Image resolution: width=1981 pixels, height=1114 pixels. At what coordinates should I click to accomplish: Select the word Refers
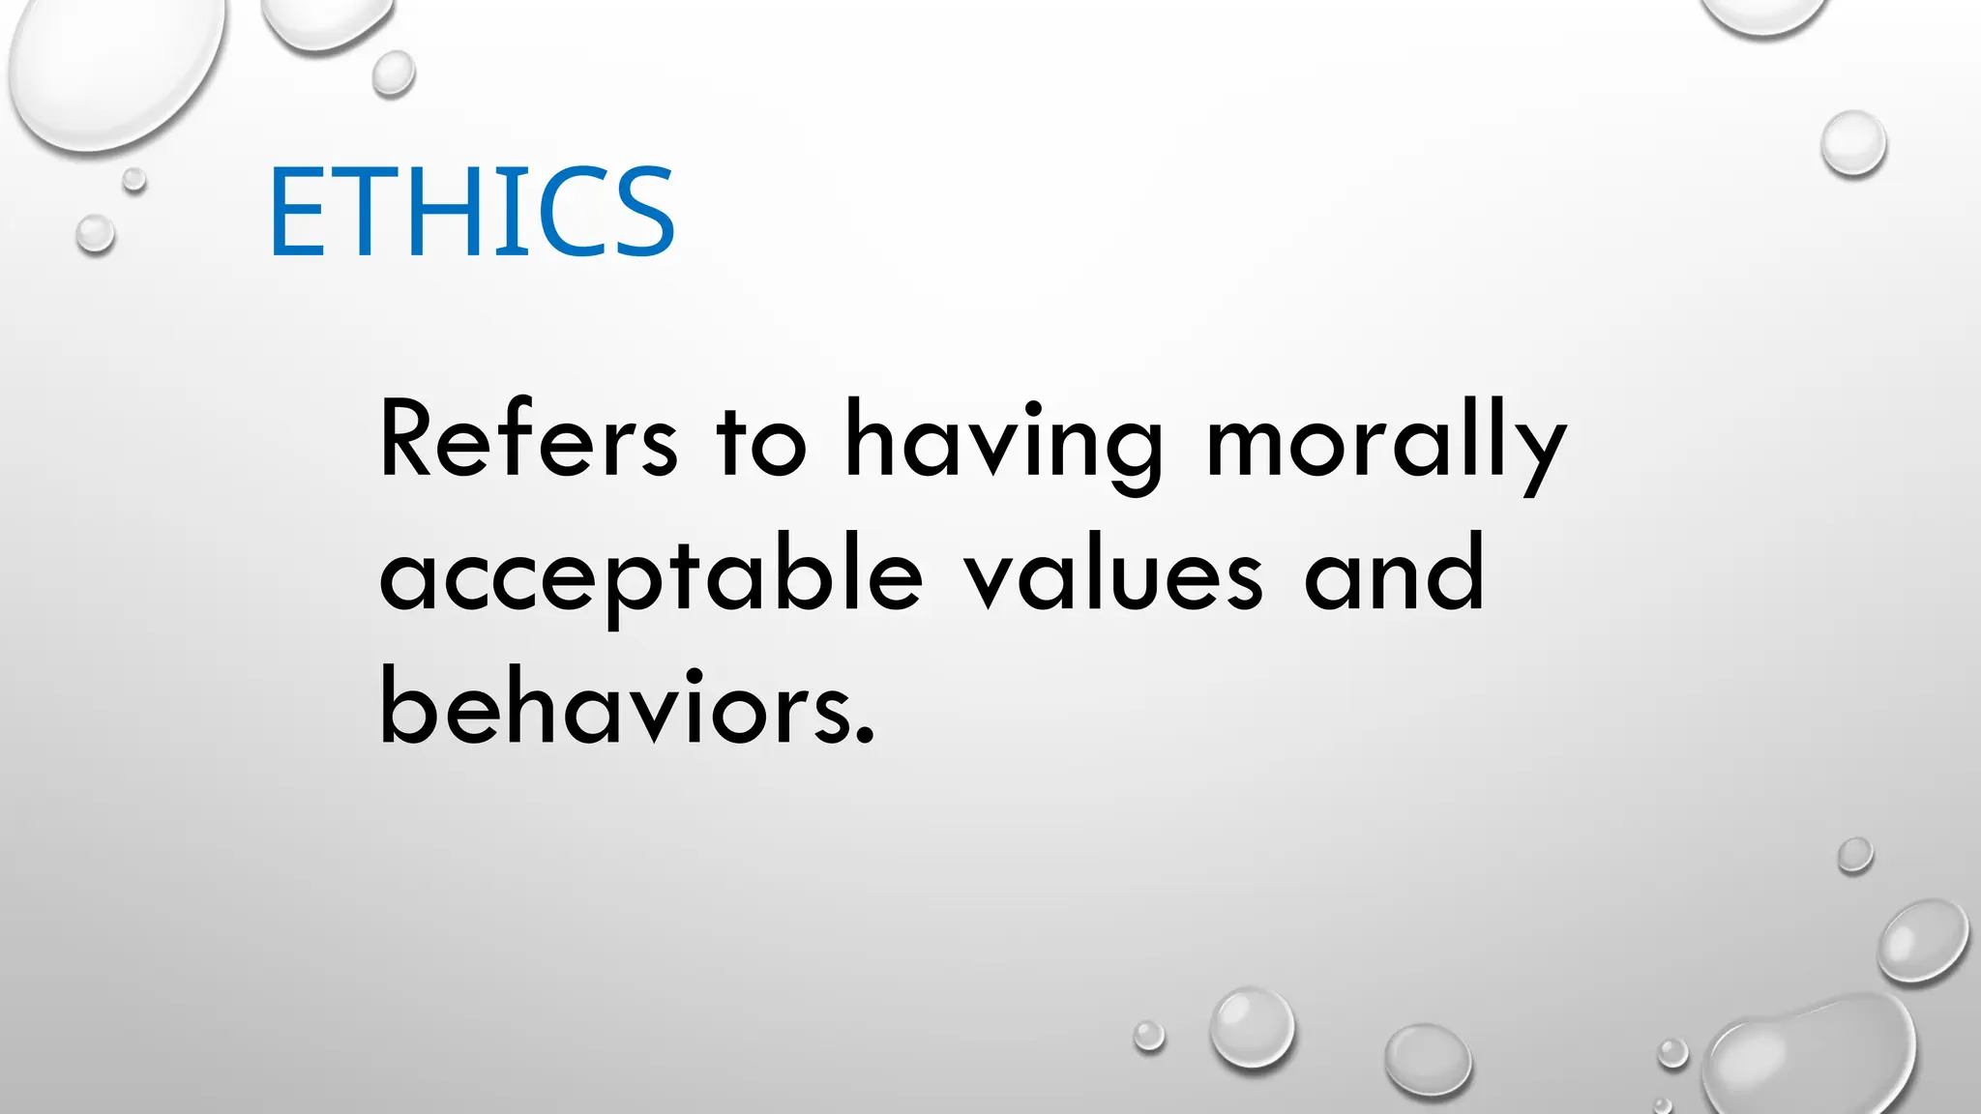[528, 441]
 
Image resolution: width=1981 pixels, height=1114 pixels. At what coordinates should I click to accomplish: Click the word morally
[1385, 445]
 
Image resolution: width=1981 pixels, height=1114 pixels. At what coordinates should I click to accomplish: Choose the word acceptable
[650, 576]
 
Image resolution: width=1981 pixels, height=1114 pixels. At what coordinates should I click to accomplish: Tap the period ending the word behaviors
[865, 737]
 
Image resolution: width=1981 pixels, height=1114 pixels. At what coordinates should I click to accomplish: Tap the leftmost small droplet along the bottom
[1149, 1036]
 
